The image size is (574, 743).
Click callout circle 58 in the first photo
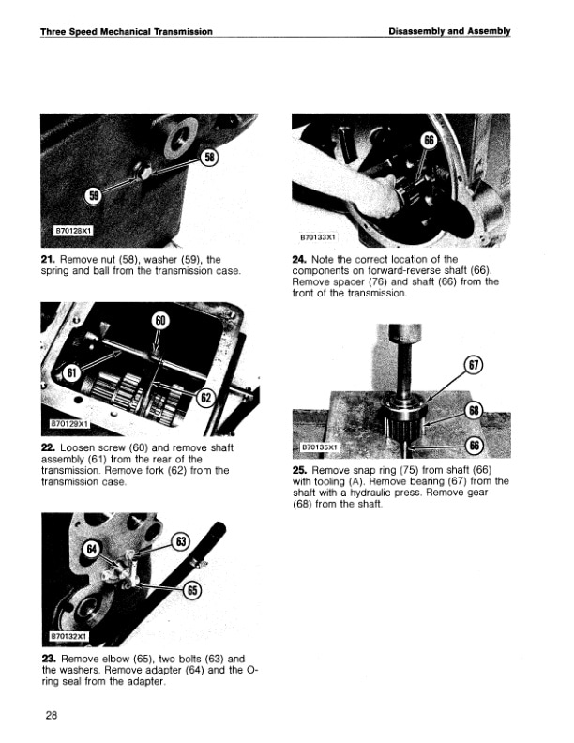[x=209, y=158]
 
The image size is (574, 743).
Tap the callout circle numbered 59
[x=94, y=195]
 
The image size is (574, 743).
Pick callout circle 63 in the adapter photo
[x=182, y=541]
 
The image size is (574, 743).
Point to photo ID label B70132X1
[x=69, y=636]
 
